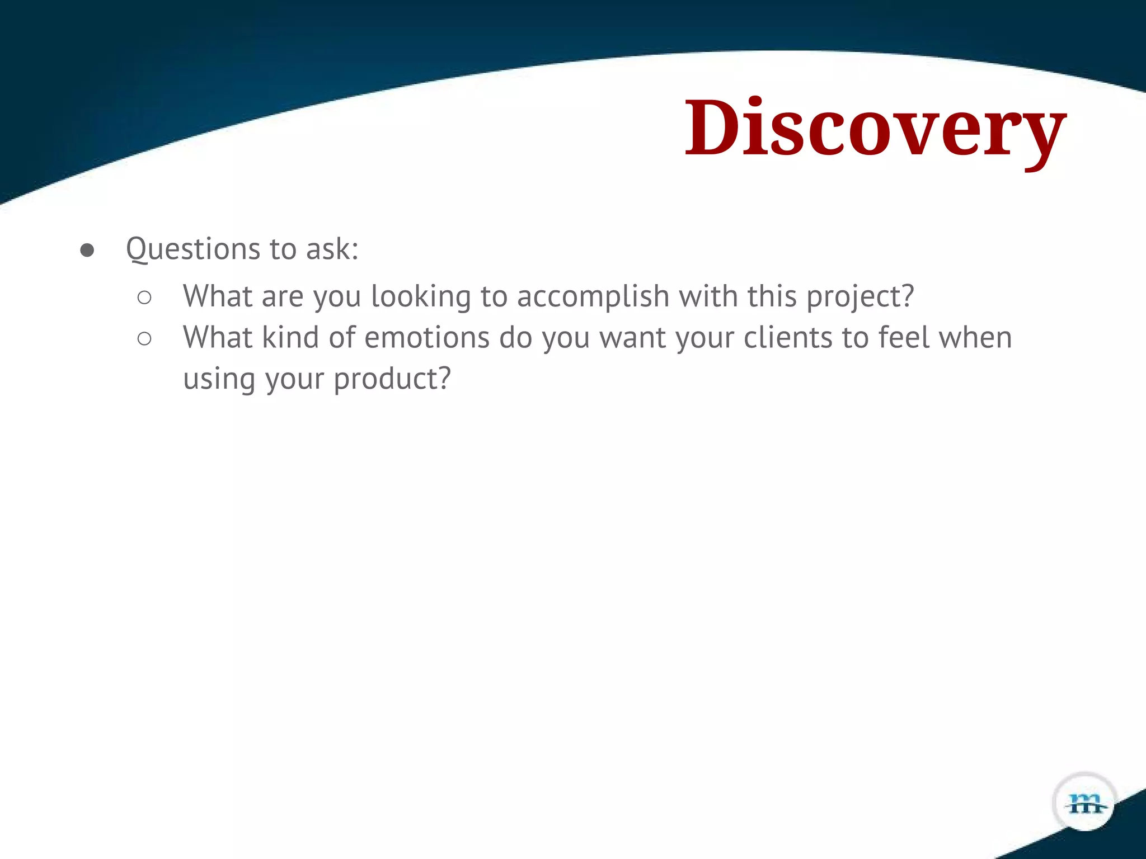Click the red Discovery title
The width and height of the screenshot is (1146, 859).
[x=876, y=130]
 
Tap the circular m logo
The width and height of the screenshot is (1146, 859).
[x=1085, y=804]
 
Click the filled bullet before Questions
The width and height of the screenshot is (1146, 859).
[x=87, y=250]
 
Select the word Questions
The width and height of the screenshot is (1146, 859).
[x=192, y=249]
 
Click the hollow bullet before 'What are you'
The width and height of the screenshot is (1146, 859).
[x=144, y=298]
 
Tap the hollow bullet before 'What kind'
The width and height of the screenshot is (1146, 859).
[x=144, y=339]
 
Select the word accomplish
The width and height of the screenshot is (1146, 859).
[x=593, y=296]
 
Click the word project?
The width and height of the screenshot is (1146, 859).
[x=860, y=296]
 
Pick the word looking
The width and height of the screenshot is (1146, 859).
[x=421, y=296]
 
